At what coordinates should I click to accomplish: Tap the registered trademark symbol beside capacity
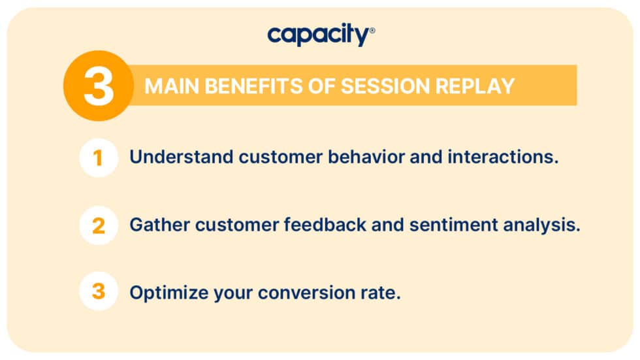(372, 30)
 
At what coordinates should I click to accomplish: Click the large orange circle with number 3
(99, 86)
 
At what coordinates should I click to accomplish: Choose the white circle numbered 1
(99, 158)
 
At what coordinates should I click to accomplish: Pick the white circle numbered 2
(99, 225)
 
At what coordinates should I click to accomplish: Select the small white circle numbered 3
(99, 291)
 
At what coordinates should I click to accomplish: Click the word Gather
(154, 225)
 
